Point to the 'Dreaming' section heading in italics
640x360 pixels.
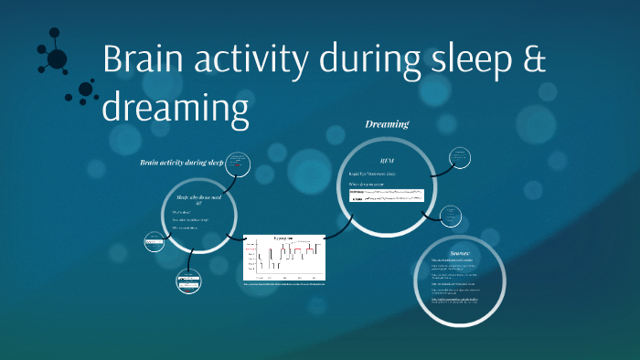[387, 124]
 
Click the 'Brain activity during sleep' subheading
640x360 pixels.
[181, 163]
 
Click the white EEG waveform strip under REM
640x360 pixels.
[386, 196]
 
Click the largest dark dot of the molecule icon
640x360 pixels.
[57, 59]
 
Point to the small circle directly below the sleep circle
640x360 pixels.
[187, 282]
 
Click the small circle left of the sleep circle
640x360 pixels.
[155, 242]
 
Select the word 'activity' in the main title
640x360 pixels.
[254, 60]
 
